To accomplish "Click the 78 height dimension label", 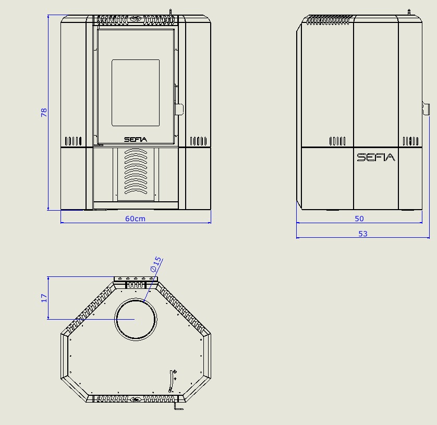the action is coord(44,112).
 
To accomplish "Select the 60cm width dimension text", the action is coord(135,219).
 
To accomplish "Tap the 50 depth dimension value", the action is coord(359,219).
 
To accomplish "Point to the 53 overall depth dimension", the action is coord(363,234).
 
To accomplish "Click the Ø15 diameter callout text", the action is coord(156,264).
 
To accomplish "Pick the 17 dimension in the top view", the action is coord(44,298).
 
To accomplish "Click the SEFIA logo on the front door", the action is coord(136,139).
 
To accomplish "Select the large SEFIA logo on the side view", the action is coord(376,157).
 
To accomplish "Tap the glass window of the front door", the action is coord(136,92).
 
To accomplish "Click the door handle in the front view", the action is coord(179,109).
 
